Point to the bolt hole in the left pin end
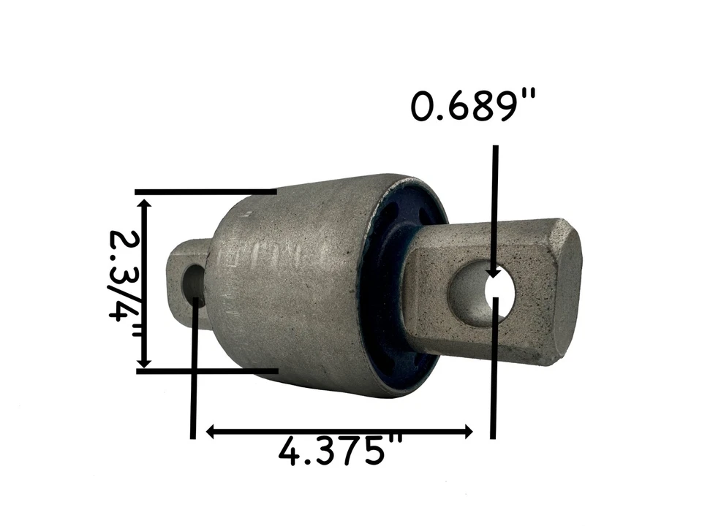coord(195,281)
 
